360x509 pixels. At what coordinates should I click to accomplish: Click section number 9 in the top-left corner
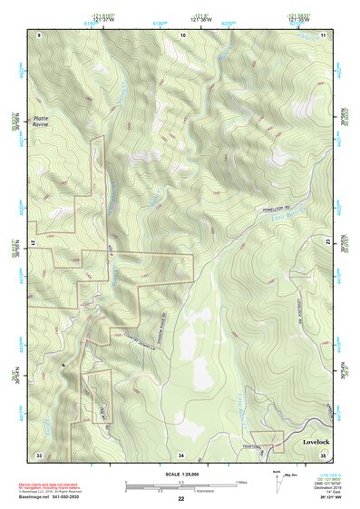[40, 34]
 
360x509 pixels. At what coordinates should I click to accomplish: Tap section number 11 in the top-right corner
[324, 34]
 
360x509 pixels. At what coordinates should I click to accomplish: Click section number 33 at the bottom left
[39, 454]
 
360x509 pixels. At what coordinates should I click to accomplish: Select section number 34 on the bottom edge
[181, 454]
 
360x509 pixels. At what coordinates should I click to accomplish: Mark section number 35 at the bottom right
[324, 454]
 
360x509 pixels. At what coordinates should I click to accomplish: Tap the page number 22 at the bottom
[181, 499]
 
